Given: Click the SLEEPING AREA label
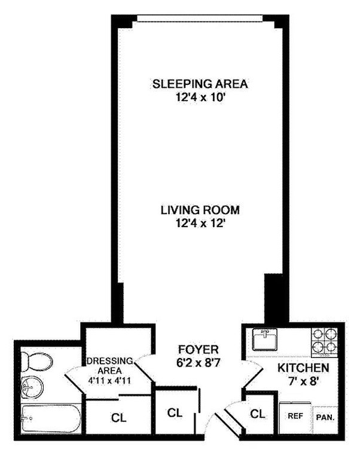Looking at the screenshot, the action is click(200, 84).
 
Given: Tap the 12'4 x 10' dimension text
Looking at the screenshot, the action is click(200, 97).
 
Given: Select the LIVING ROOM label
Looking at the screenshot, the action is click(200, 210).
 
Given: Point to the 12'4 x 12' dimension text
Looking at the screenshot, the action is click(200, 224).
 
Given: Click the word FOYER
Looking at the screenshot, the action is click(199, 350).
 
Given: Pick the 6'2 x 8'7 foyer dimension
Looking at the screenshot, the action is click(199, 363).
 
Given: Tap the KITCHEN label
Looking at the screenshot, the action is click(303, 368).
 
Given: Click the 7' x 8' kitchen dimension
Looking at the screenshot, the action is click(303, 381).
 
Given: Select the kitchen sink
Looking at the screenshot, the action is click(265, 339).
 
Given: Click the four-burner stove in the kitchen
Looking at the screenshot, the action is click(325, 342).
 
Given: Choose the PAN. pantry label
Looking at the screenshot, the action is click(325, 418).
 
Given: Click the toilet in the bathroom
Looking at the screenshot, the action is click(36, 362).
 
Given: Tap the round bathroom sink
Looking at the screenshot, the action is click(32, 387).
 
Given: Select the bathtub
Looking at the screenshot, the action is click(51, 419).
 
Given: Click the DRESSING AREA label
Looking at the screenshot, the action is click(109, 366).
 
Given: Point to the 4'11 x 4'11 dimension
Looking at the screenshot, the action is click(109, 381).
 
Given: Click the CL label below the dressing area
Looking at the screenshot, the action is click(118, 418).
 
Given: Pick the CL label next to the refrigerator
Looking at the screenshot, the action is click(258, 414).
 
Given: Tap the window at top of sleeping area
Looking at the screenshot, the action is click(200, 19).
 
